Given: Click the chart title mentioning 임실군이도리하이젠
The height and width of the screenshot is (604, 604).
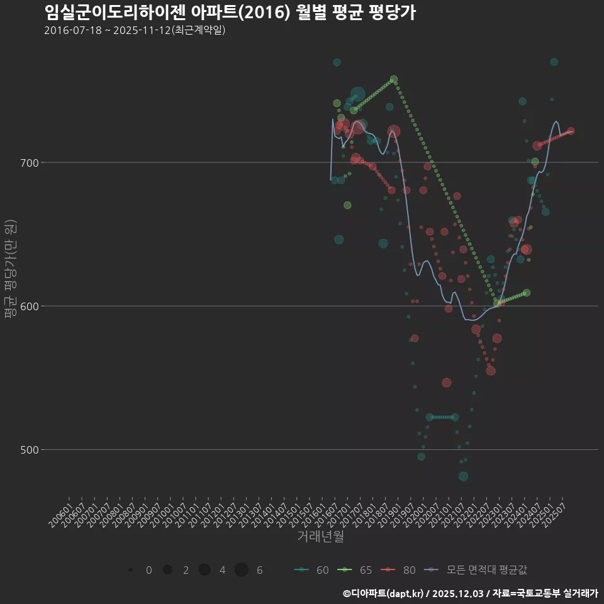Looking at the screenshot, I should pos(230,13).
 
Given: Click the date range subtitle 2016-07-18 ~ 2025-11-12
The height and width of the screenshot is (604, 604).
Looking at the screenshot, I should pos(135,30).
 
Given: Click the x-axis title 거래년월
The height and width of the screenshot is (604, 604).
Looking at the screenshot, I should pos(320,537).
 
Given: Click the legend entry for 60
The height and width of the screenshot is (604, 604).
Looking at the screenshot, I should pos(312,570).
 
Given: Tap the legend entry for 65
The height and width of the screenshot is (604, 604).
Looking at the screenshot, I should pos(355,570).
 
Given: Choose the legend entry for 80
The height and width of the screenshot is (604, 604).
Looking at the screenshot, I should pos(399,570).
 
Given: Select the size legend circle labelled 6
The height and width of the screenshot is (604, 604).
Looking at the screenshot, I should pos(242,570).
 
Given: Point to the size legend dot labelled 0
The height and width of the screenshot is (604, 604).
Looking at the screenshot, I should pos(130,570).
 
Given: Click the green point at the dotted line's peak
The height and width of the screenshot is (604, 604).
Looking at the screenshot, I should pos(394,80).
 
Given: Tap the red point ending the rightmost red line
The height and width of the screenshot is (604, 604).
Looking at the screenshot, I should pos(571,131).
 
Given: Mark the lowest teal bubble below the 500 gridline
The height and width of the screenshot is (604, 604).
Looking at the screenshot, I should pos(463,476).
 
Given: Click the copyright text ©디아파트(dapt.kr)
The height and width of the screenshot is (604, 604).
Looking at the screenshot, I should pos(384,593).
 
